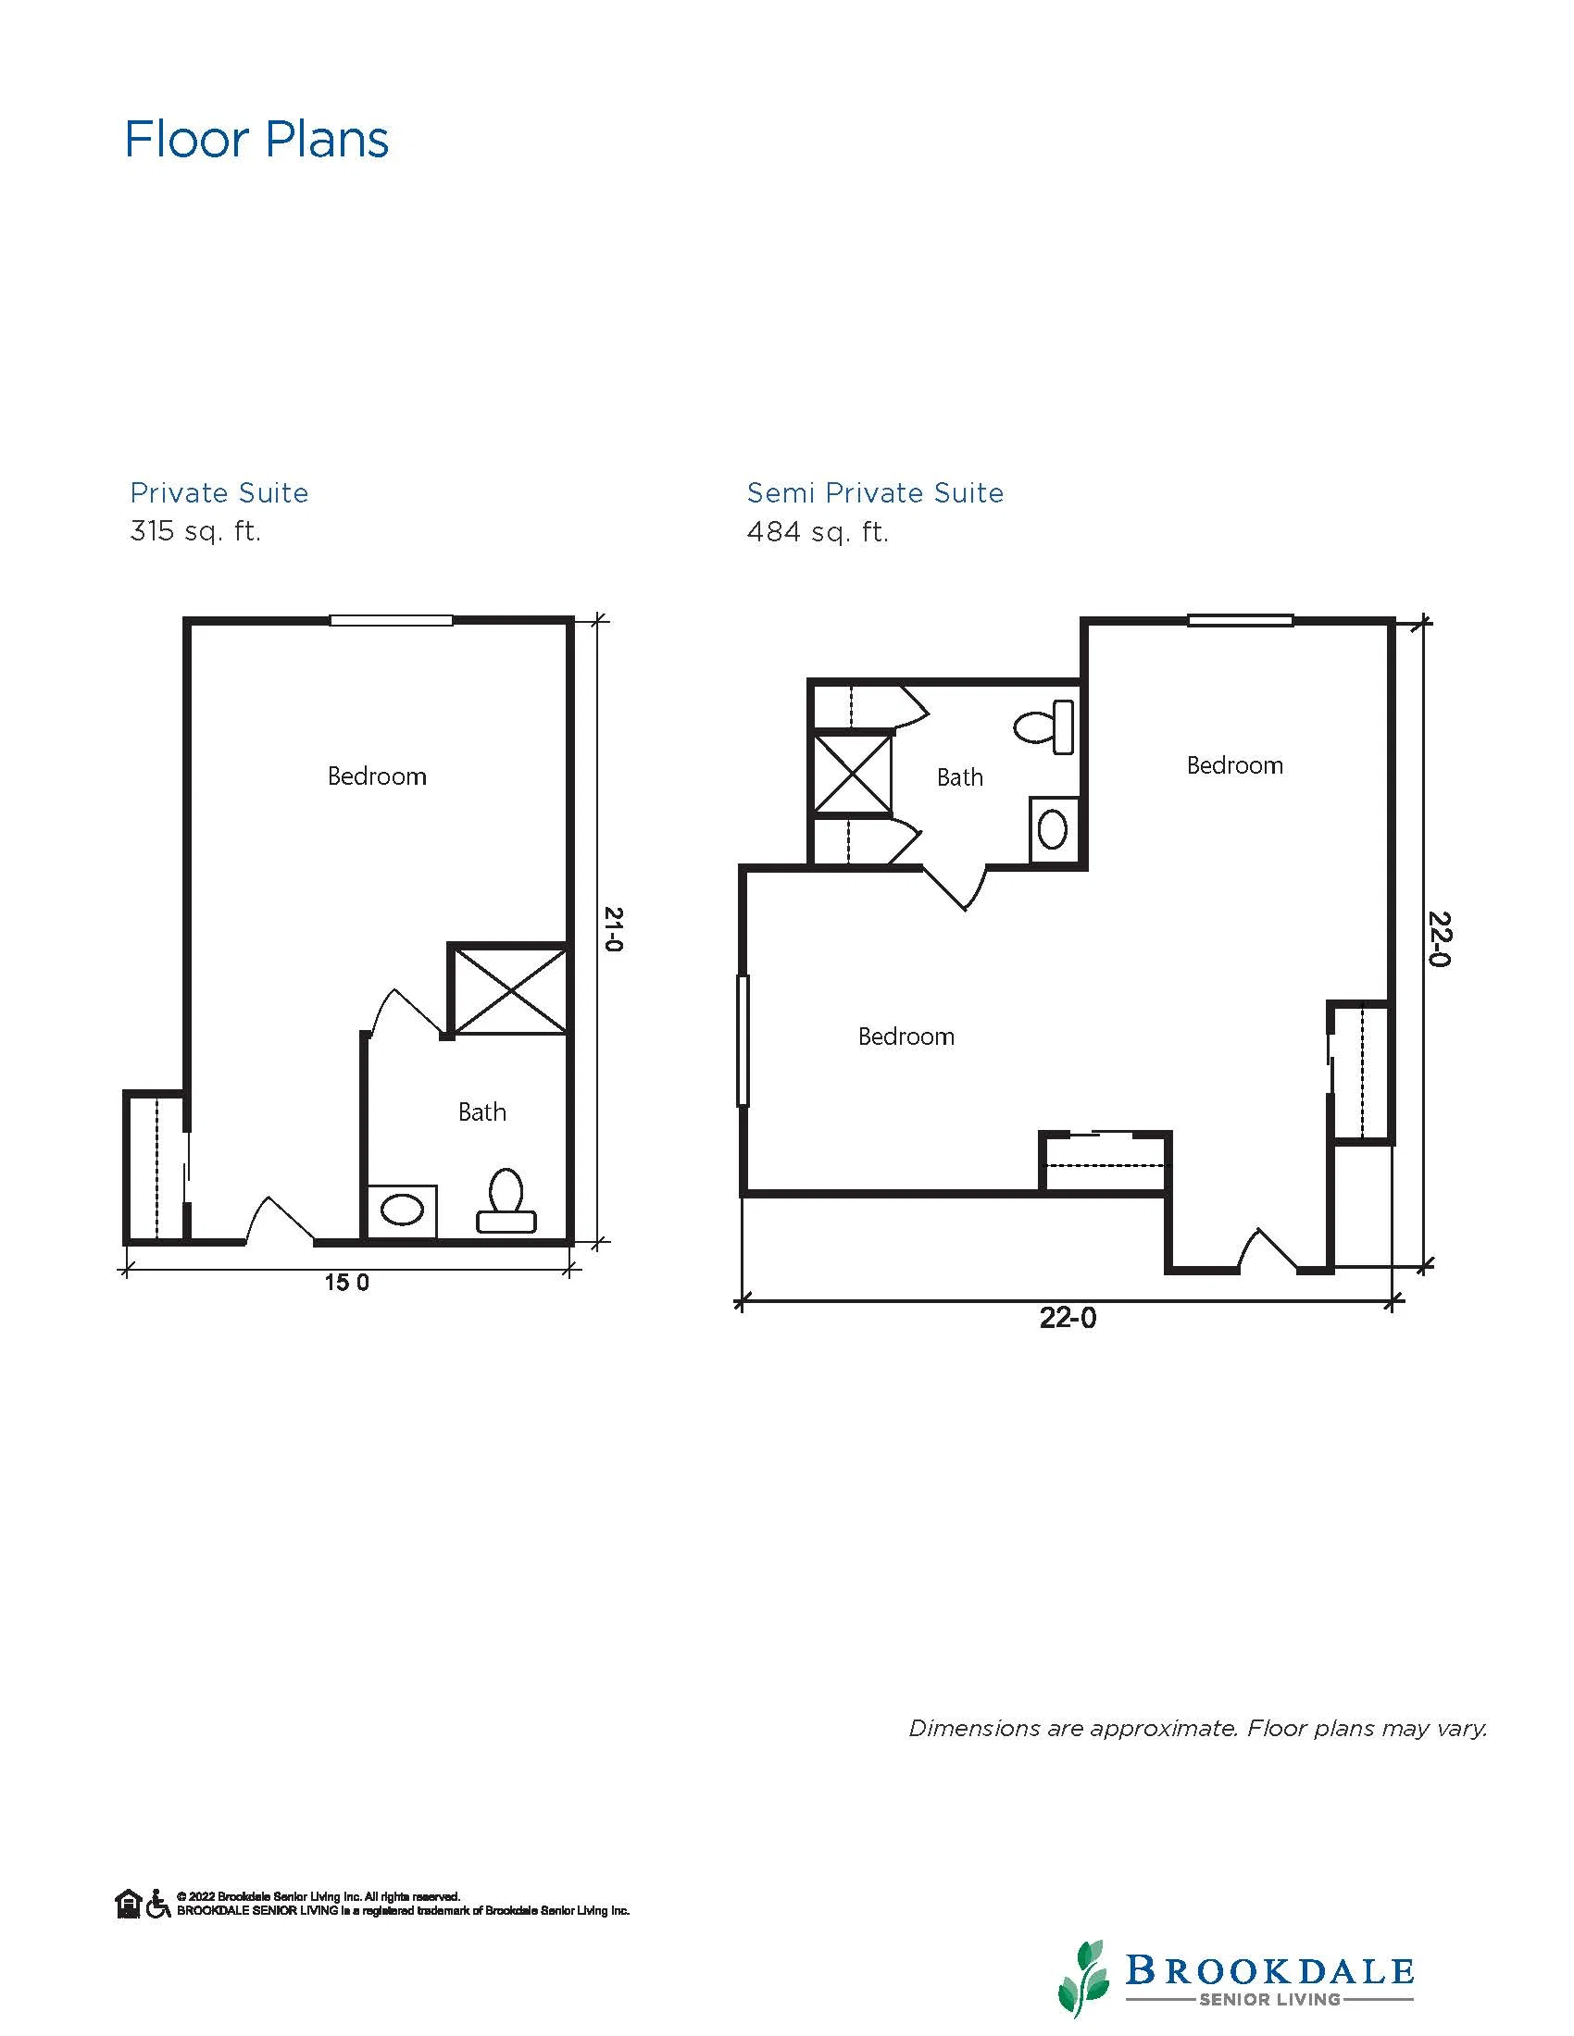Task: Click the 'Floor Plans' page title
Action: click(256, 140)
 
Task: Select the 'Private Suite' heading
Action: click(219, 492)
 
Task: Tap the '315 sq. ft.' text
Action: click(195, 531)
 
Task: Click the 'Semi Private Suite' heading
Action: click(876, 492)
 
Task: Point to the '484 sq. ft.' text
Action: click(818, 532)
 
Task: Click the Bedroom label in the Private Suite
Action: click(377, 776)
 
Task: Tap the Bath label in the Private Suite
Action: click(482, 1111)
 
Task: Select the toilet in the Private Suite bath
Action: click(506, 1200)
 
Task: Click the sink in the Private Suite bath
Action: click(402, 1211)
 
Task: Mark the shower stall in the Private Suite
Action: click(508, 989)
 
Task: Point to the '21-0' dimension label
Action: click(613, 928)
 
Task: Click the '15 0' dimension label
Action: click(347, 1283)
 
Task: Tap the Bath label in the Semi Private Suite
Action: click(960, 776)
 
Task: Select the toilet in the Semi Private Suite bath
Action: click(1043, 726)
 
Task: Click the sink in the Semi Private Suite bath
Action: click(1054, 830)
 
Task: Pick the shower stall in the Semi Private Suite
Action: click(852, 775)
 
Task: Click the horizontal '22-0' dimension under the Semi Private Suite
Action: click(1068, 1318)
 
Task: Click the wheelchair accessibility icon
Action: click(158, 1904)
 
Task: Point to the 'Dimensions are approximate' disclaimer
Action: click(1198, 1729)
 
